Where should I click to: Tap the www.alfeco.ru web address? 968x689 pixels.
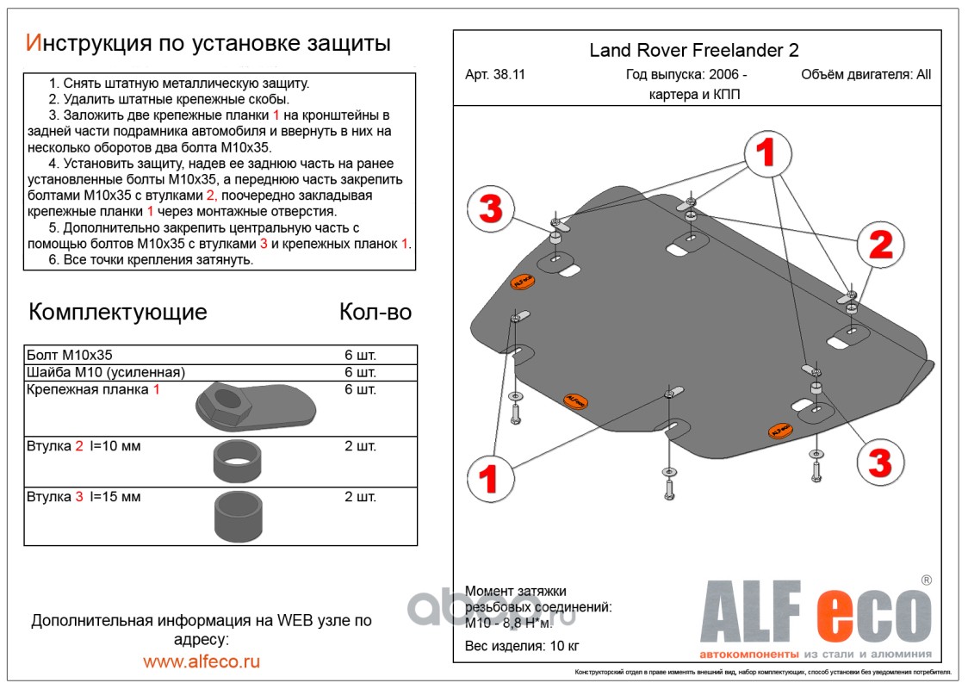(x=202, y=661)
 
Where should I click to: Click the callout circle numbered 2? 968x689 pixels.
(x=880, y=246)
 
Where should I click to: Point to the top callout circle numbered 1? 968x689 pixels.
(x=766, y=155)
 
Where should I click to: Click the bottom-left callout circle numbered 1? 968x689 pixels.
(x=489, y=478)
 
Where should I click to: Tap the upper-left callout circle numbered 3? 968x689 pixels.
(x=490, y=209)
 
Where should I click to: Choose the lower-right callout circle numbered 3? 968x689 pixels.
(x=879, y=463)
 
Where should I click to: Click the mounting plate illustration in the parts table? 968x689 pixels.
(x=256, y=407)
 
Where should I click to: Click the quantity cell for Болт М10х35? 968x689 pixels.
(x=360, y=355)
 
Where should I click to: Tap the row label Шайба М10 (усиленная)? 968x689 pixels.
(x=106, y=372)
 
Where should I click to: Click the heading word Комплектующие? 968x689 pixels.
(x=118, y=311)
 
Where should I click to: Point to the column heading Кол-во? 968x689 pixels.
(x=375, y=311)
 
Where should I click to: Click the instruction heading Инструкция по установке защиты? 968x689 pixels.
(x=208, y=43)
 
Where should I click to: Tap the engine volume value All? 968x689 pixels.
(x=923, y=75)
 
